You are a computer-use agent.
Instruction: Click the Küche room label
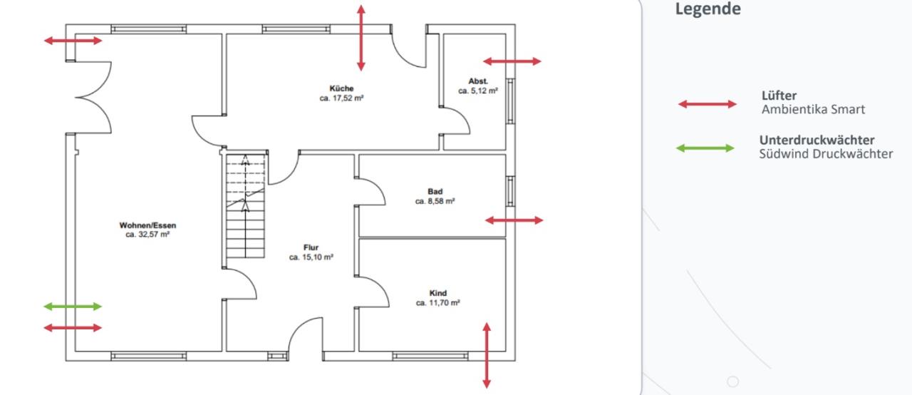click(341, 88)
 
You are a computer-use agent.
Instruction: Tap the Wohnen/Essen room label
click(147, 225)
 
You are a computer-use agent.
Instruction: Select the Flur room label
click(311, 247)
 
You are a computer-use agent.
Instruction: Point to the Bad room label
click(435, 191)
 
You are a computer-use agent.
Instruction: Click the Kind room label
click(438, 293)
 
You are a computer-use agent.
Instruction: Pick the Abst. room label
click(478, 81)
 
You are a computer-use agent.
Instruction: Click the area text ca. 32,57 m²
click(147, 235)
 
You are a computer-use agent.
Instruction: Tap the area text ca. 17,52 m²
click(341, 98)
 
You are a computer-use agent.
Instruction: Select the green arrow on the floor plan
click(73, 307)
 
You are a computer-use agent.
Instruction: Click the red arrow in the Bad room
click(514, 220)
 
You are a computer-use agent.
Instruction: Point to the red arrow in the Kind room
click(487, 356)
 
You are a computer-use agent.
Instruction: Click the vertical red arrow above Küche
click(361, 39)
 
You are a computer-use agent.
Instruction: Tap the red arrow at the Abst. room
click(512, 61)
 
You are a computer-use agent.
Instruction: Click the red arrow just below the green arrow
click(73, 328)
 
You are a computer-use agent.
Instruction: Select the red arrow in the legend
click(708, 104)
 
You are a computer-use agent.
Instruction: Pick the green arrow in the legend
click(705, 148)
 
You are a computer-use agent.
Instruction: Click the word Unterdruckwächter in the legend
click(817, 140)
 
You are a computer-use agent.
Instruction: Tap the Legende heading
click(708, 9)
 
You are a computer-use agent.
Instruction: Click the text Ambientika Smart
click(813, 110)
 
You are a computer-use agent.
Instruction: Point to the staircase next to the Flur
click(246, 206)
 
